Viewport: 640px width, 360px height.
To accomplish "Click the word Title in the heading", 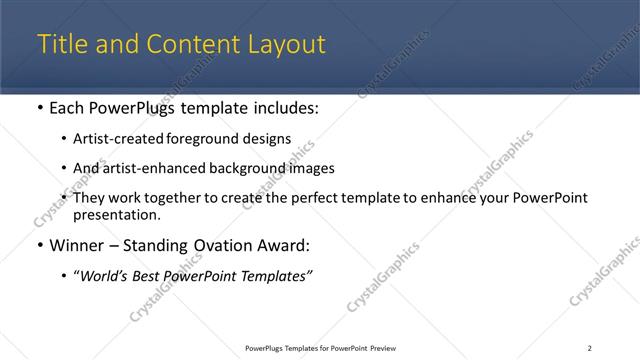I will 61,45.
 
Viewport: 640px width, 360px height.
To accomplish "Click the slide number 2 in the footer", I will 589,348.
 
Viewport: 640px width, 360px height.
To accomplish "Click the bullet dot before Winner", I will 39,245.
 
